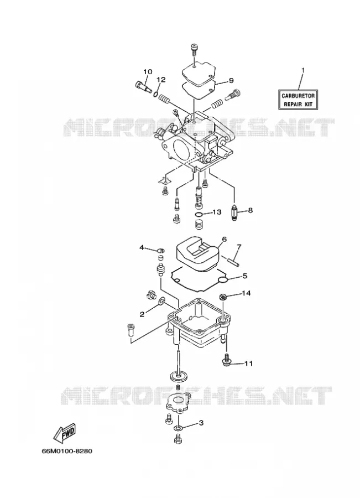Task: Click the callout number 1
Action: tap(303, 70)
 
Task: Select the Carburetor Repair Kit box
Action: tap(298, 100)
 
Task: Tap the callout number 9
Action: tap(231, 81)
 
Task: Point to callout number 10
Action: tap(148, 72)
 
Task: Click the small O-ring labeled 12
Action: tap(156, 94)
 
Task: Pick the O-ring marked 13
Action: tap(199, 215)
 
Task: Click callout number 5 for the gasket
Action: tap(244, 276)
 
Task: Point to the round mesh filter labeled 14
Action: tap(223, 298)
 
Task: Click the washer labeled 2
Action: tap(161, 300)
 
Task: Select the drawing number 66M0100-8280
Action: tap(67, 450)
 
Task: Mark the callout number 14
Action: tap(246, 293)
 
